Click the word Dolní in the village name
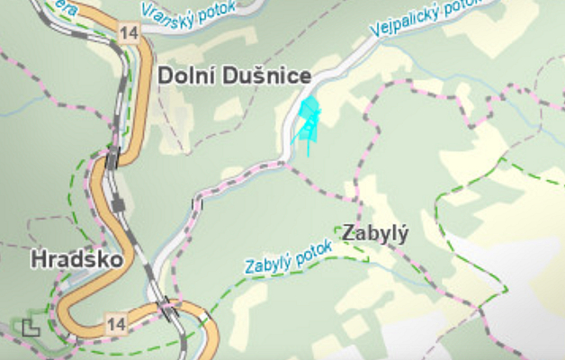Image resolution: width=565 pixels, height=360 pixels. pyautogui.click(x=185, y=76)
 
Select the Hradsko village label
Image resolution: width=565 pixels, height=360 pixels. pyautogui.click(x=70, y=259)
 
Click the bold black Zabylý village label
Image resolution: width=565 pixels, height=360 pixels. pyautogui.click(x=375, y=234)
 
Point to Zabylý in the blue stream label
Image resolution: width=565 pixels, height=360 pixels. pyautogui.click(x=269, y=265)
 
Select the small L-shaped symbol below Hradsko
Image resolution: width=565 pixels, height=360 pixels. pyautogui.click(x=31, y=327)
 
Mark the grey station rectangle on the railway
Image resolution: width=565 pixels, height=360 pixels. pyautogui.click(x=119, y=205)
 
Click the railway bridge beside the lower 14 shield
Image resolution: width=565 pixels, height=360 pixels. pyautogui.click(x=166, y=312)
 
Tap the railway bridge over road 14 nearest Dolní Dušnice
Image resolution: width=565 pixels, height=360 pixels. pyautogui.click(x=112, y=161)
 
